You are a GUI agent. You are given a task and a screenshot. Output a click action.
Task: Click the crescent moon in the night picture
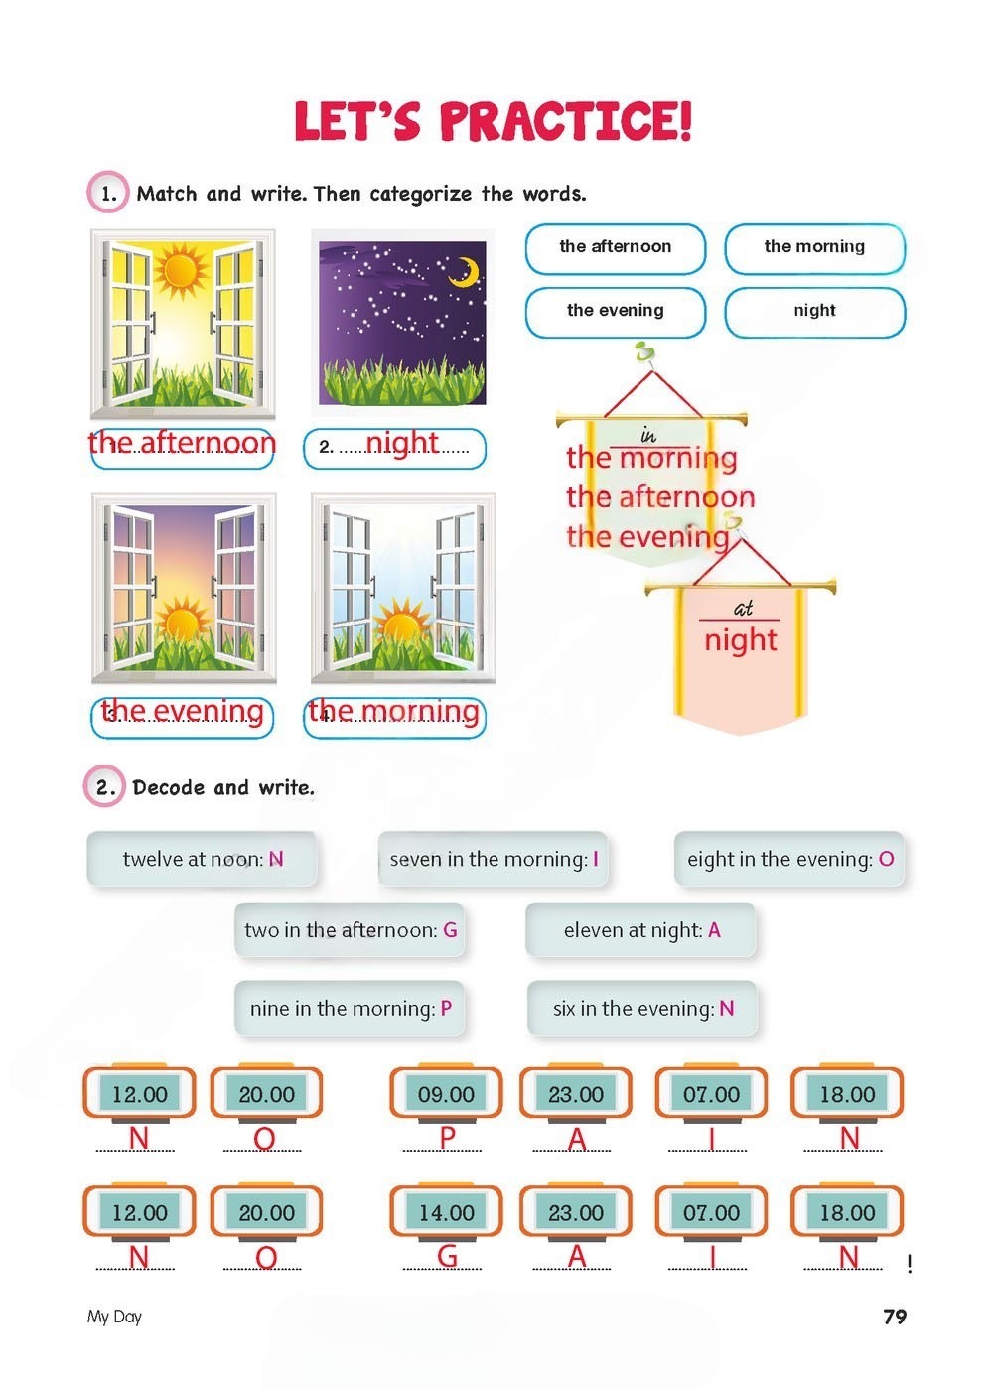466,272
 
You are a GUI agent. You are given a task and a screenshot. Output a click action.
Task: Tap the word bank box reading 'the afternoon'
615,249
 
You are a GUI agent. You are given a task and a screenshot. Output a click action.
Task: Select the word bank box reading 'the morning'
814,249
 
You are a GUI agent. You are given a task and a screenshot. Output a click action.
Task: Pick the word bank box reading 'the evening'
615,312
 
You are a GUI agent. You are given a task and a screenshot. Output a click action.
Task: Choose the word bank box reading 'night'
814,312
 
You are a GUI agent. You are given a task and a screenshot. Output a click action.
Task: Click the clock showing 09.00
446,1093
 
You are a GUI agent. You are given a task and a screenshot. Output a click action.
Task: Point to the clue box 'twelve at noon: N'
202,859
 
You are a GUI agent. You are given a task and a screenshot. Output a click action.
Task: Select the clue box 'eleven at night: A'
640,929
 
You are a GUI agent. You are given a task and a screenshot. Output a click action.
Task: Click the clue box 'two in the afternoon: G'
350,929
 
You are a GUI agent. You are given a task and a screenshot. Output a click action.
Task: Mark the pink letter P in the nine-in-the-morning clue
446,1008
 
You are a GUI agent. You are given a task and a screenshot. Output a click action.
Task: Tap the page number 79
895,1316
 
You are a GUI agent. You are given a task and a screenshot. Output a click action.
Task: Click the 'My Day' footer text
114,1317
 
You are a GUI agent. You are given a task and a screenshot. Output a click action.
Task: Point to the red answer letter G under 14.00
447,1257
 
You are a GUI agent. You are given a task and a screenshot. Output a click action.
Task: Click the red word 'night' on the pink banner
740,640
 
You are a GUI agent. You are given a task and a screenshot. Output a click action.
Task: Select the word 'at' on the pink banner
743,608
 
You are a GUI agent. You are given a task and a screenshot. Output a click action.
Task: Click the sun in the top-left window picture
181,271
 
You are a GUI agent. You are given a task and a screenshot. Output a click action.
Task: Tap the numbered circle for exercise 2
104,786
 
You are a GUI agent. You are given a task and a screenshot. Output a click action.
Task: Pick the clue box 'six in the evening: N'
642,1008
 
